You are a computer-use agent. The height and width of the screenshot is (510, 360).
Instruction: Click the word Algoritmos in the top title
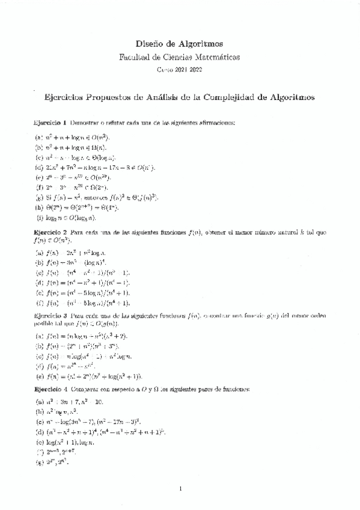[201, 44]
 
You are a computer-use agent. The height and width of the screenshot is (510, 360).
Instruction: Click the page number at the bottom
[180, 488]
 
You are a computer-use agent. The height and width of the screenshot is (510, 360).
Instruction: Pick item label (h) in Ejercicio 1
[38, 207]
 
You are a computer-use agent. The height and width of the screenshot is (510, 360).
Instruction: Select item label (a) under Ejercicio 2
[38, 253]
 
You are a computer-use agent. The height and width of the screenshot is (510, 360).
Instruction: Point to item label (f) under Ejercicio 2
[38, 303]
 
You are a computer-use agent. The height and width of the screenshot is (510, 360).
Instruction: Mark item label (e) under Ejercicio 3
[38, 376]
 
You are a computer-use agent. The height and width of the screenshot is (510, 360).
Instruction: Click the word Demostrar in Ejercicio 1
[85, 122]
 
